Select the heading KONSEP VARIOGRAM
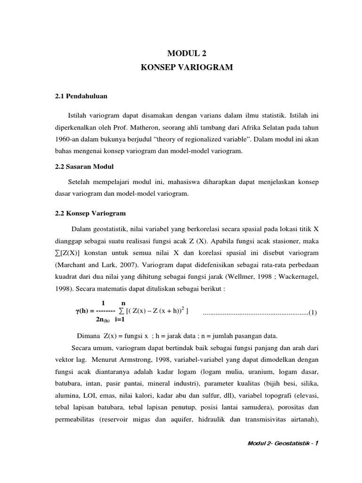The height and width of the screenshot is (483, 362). click(x=187, y=68)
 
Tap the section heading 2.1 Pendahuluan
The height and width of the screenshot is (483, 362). click(x=82, y=96)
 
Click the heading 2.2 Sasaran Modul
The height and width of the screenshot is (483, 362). click(x=84, y=167)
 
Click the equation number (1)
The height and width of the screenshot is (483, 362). click(x=313, y=312)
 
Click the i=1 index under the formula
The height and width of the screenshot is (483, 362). click(x=119, y=319)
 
